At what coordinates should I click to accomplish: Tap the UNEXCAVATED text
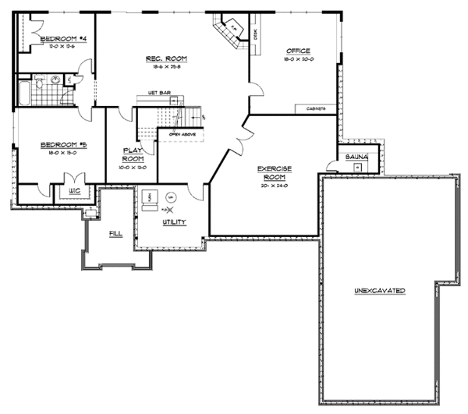click(x=379, y=290)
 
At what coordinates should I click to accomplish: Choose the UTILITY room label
click(x=173, y=222)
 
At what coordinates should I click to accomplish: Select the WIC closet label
click(x=75, y=190)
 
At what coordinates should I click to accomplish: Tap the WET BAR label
click(x=159, y=94)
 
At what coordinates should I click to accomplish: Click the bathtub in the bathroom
click(x=23, y=93)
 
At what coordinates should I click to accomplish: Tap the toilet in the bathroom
click(x=69, y=80)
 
